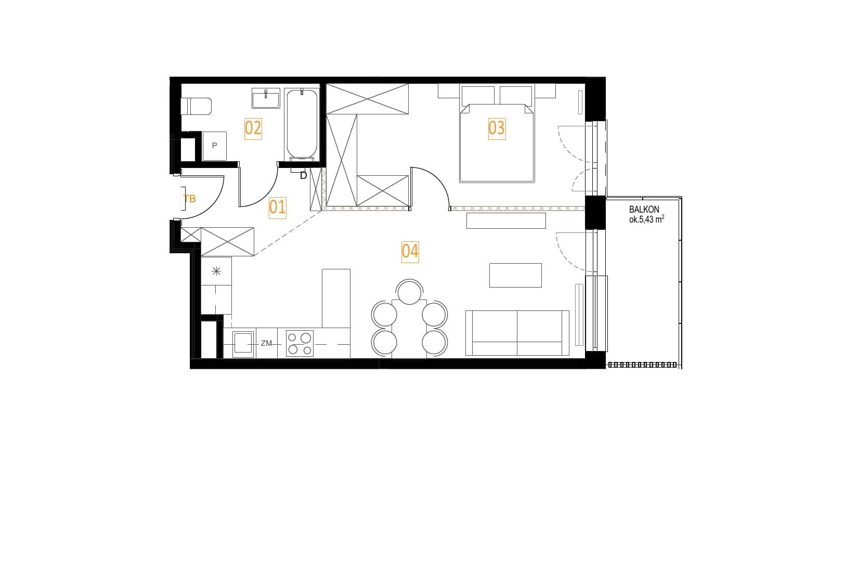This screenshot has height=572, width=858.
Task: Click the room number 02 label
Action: (253, 128)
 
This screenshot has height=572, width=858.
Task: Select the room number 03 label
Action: (497, 128)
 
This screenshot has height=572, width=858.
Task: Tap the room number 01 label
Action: (277, 207)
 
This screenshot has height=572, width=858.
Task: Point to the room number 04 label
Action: (410, 252)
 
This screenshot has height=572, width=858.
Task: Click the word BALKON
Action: (644, 210)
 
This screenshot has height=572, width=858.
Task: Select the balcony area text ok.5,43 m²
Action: (646, 219)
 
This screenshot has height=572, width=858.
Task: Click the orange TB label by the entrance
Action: (190, 199)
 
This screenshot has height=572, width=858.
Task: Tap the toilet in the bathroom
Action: (196, 106)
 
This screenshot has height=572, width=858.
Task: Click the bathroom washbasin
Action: (266, 98)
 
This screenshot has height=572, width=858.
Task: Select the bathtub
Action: (302, 124)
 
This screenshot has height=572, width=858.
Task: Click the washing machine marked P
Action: (214, 146)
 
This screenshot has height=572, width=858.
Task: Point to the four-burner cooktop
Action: (300, 343)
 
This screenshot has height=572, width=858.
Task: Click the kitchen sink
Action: (243, 344)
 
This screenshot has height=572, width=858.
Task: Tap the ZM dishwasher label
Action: (266, 343)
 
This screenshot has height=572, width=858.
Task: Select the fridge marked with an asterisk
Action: (216, 271)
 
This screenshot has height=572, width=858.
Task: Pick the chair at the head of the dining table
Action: (409, 292)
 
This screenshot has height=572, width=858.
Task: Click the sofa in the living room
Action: (517, 333)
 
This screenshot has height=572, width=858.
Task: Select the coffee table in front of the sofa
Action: (515, 275)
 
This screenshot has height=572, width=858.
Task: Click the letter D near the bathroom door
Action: (303, 175)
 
